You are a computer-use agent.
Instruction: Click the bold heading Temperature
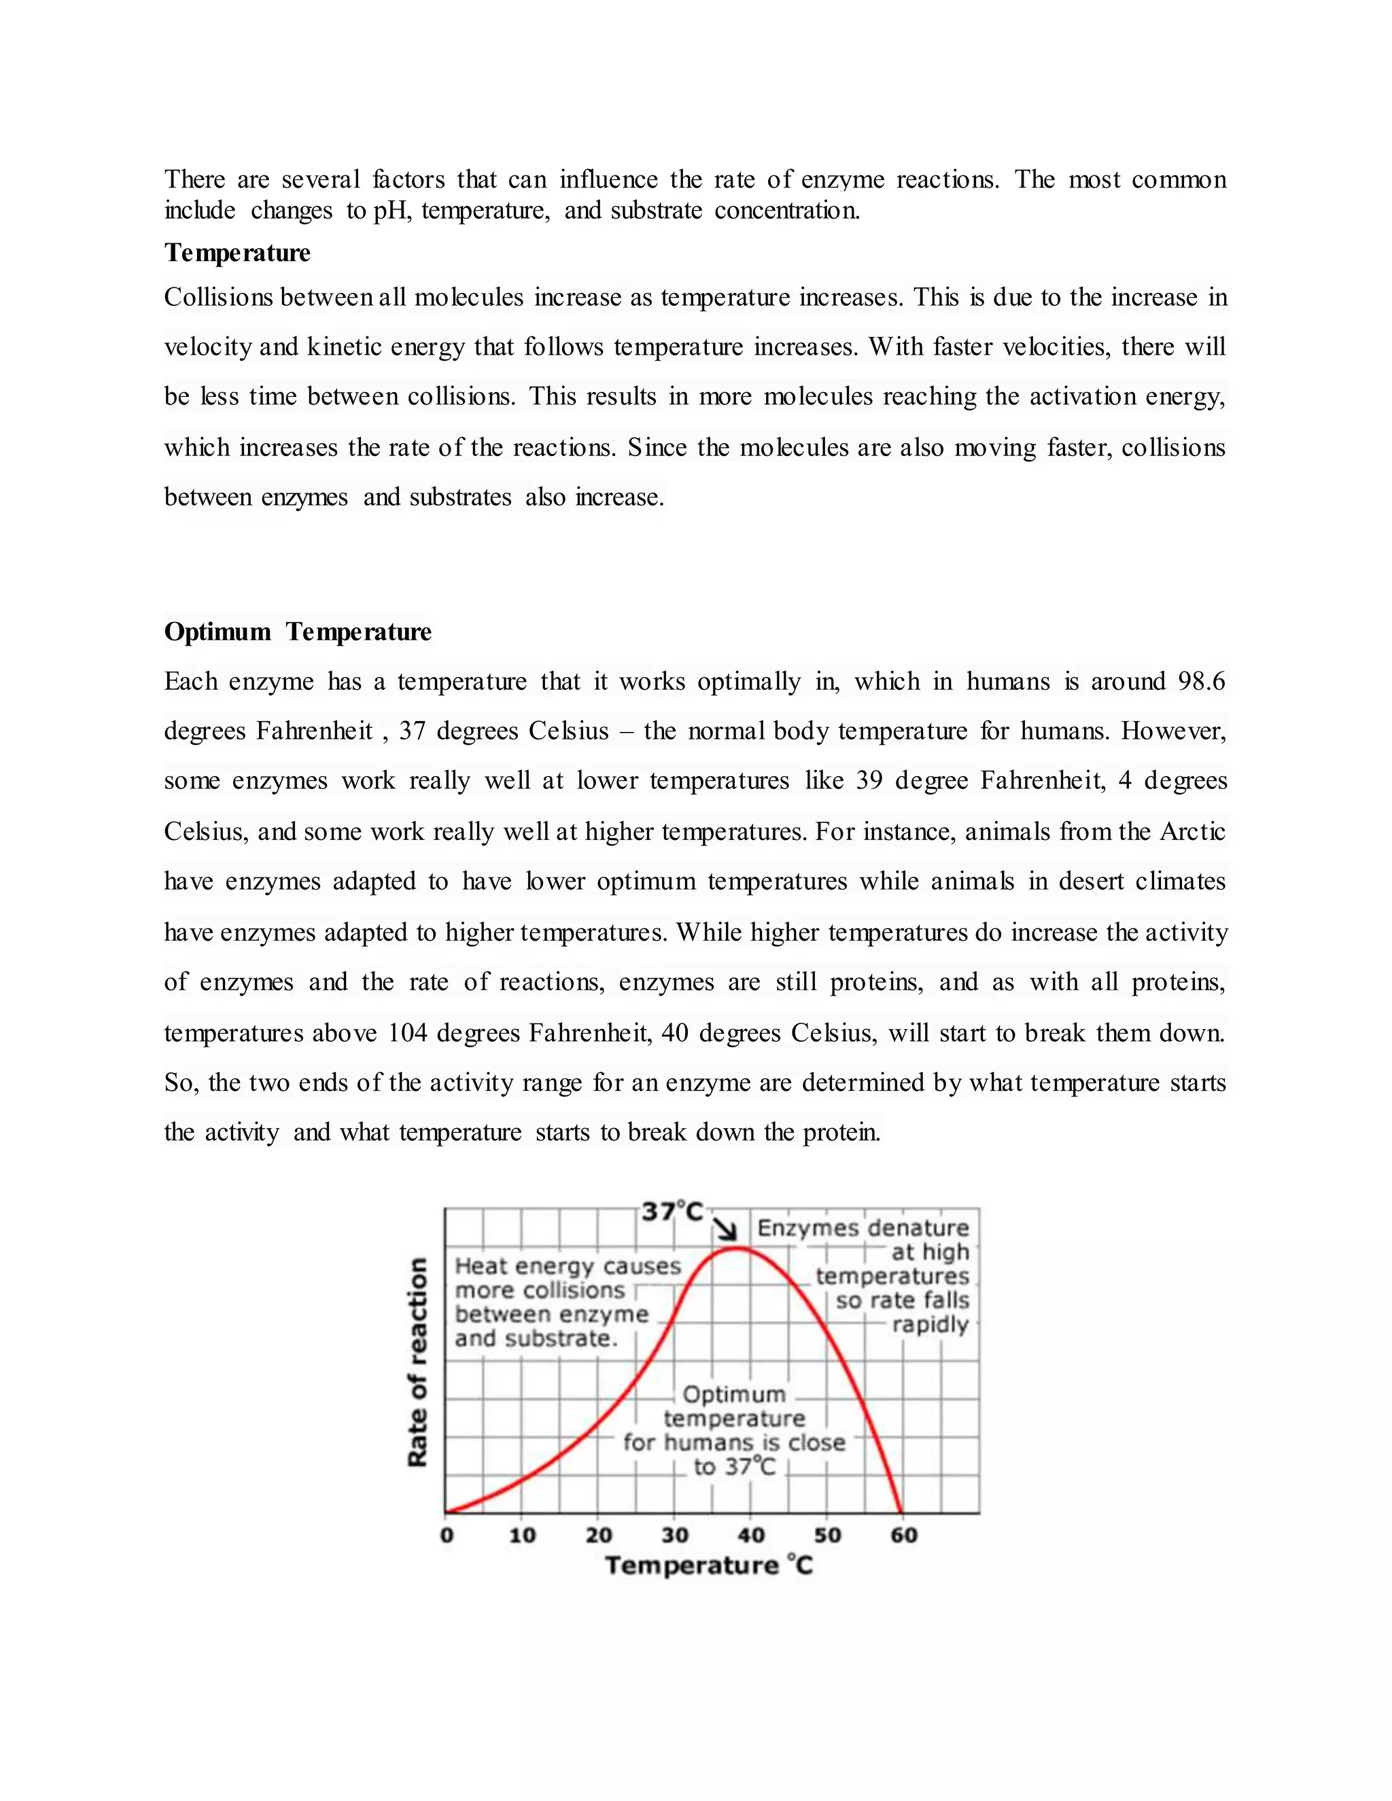[237, 252]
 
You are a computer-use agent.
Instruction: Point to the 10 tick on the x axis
[522, 1535]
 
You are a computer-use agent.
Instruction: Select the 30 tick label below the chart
[674, 1535]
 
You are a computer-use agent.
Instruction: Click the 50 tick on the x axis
[827, 1535]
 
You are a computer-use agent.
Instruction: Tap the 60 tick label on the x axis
[904, 1535]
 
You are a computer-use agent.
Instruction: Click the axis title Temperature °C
[709, 1566]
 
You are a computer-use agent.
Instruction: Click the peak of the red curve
[736, 1248]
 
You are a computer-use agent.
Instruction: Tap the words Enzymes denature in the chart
[863, 1228]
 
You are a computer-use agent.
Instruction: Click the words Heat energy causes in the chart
[568, 1266]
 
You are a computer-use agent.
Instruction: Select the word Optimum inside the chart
[734, 1395]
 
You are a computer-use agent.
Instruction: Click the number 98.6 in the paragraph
[1202, 681]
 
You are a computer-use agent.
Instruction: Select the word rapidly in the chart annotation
[930, 1325]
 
